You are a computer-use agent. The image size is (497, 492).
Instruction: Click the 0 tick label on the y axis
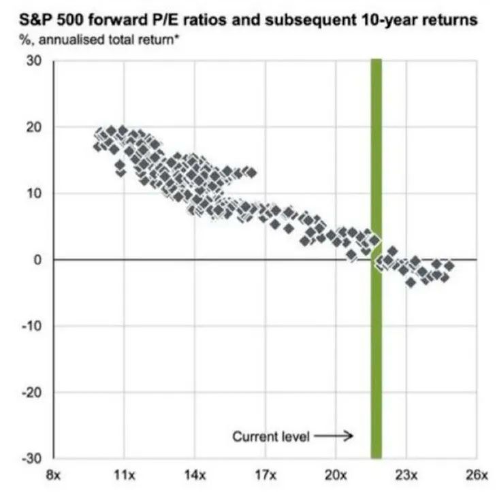click(x=38, y=260)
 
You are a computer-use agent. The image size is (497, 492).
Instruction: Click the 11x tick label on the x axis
click(x=125, y=474)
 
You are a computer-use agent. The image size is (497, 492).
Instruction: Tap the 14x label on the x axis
click(x=195, y=474)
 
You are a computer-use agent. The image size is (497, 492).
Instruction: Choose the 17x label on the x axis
click(x=266, y=474)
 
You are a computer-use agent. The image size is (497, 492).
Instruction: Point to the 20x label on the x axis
click(x=336, y=474)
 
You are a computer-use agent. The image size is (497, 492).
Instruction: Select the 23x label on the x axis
click(x=406, y=474)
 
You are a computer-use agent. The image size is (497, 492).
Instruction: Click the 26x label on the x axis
click(x=477, y=474)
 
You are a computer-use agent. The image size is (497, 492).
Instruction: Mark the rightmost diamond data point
click(x=449, y=265)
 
